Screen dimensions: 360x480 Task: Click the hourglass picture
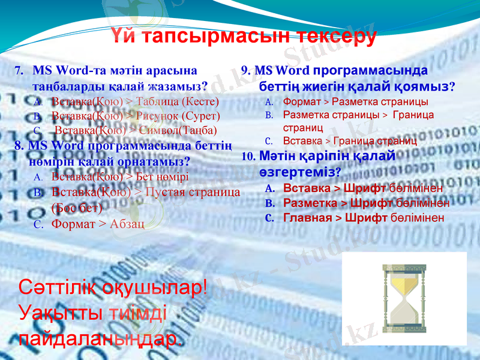tap(403, 298)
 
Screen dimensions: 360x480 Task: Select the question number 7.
tap(19, 70)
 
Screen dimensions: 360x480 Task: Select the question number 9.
tap(245, 70)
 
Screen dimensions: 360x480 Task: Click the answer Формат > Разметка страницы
tap(355, 101)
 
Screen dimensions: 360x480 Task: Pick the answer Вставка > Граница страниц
tap(350, 140)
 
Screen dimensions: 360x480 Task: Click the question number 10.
tap(248, 157)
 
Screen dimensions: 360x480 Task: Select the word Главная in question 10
tap(305, 217)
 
